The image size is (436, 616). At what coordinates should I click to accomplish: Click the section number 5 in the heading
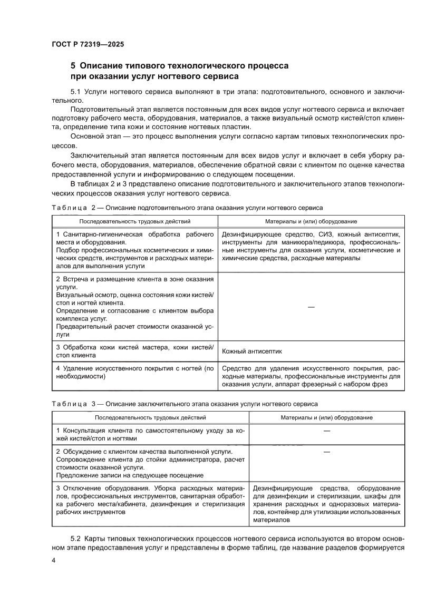coord(73,66)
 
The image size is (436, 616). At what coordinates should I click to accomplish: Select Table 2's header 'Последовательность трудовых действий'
coord(134,222)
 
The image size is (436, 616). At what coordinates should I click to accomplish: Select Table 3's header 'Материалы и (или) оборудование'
coord(326,417)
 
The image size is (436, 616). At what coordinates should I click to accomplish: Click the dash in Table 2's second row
coord(311,307)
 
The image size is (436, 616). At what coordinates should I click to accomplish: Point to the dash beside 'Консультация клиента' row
coord(326,432)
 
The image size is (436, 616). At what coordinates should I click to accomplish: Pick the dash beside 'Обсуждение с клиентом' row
coord(326,452)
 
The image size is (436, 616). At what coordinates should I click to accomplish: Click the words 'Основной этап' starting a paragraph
coord(93,137)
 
